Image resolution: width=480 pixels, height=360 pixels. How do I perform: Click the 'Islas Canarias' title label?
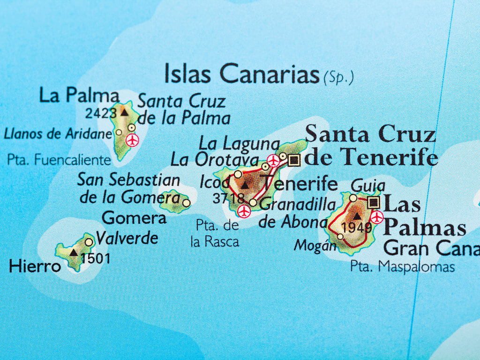[242, 74]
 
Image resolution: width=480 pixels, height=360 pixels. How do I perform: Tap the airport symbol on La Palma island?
[133, 140]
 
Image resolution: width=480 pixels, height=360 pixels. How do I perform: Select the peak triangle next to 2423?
[124, 112]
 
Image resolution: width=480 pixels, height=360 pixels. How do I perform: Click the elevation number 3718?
[228, 198]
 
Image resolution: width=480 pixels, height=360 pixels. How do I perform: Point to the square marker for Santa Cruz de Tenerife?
[294, 160]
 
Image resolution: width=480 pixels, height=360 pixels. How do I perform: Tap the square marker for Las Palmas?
[374, 202]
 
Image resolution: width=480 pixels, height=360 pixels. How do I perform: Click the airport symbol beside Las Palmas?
[377, 217]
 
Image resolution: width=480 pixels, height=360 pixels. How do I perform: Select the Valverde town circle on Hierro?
[89, 242]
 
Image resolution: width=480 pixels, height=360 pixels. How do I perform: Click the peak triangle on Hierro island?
[74, 253]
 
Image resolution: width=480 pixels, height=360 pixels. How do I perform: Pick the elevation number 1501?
[96, 258]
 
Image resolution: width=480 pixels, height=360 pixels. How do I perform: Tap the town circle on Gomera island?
[186, 203]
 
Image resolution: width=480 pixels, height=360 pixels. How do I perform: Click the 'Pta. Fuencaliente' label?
[59, 160]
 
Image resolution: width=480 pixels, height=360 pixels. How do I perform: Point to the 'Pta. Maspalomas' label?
[402, 267]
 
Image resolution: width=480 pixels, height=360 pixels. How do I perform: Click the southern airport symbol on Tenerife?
[244, 211]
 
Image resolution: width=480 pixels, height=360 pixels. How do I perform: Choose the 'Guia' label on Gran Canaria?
[368, 186]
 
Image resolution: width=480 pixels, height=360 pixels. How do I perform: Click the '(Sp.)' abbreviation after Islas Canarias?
[338, 78]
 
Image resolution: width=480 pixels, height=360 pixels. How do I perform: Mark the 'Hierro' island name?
[35, 267]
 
